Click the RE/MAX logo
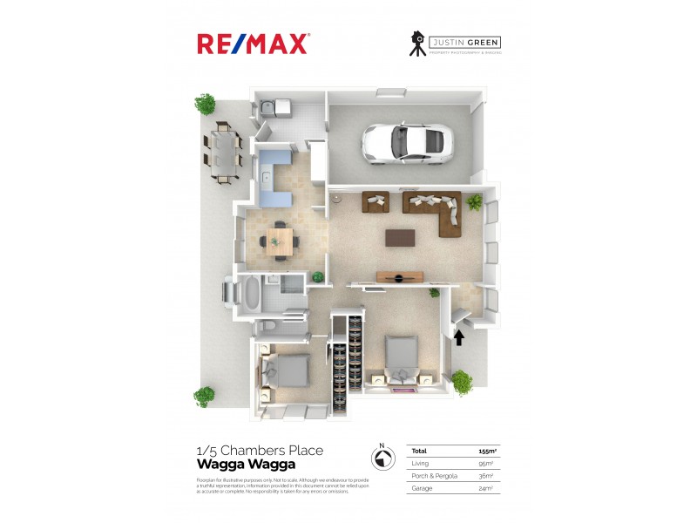(253, 44)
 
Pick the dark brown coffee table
(402, 237)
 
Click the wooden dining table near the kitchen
(280, 241)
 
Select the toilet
(273, 326)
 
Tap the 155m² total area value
(488, 452)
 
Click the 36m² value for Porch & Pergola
(486, 476)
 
